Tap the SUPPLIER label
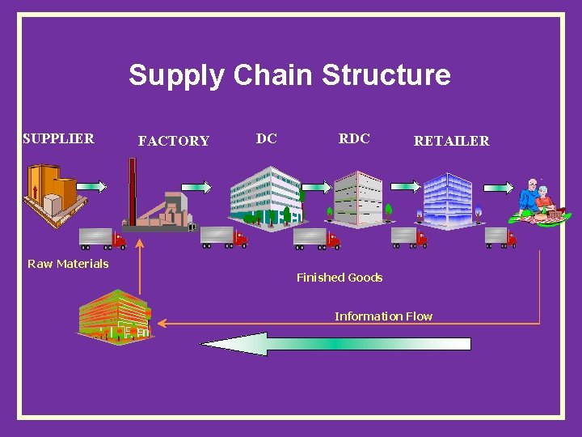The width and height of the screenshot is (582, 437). point(58,138)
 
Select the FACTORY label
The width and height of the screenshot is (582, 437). point(174,141)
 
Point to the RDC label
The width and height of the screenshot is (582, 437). point(354,138)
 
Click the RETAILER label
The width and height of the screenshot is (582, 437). point(451,141)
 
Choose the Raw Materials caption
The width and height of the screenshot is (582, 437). point(68,263)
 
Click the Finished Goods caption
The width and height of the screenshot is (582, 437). point(339,278)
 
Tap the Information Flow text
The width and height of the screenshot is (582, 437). point(384,316)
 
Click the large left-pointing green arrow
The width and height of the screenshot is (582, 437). point(335,344)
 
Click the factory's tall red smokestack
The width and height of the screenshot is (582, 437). point(133,190)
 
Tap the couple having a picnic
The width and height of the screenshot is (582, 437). point(536,202)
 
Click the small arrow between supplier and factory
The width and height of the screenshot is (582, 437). point(91,186)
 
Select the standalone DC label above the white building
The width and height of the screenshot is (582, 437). point(267,138)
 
